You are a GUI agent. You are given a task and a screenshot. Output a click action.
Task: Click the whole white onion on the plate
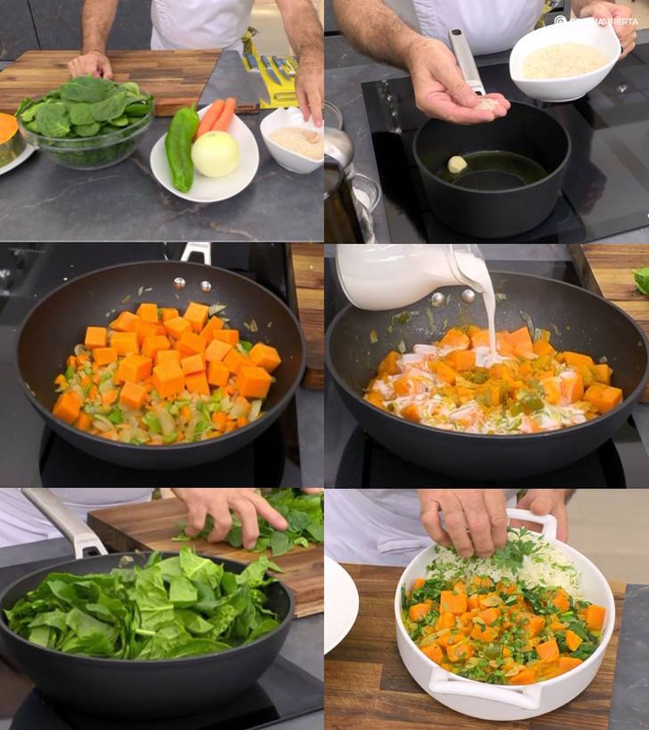tap(215, 154)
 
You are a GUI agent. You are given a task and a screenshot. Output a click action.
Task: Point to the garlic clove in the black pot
tap(456, 164)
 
